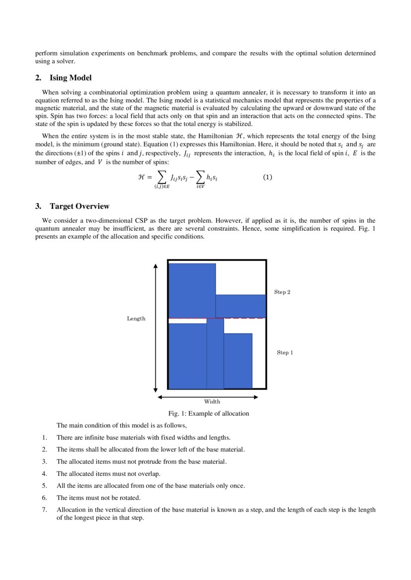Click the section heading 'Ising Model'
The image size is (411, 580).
(70, 78)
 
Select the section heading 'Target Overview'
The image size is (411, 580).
(79, 206)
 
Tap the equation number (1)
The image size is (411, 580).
(267, 177)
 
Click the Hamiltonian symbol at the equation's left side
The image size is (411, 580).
(141, 177)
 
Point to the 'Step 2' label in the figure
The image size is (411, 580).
(282, 292)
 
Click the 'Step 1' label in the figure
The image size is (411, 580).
(285, 353)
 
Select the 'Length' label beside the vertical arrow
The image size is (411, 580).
(136, 319)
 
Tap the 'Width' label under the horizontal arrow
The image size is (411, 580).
(212, 401)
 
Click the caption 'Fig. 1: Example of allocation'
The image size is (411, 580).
(208, 413)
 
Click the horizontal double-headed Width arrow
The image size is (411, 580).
(207, 397)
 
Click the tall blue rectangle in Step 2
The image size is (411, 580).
(192, 290)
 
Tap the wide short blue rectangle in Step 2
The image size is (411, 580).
(241, 306)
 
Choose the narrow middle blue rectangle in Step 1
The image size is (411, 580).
(215, 354)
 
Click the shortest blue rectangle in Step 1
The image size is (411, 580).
(238, 361)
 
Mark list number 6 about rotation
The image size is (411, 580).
(44, 498)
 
